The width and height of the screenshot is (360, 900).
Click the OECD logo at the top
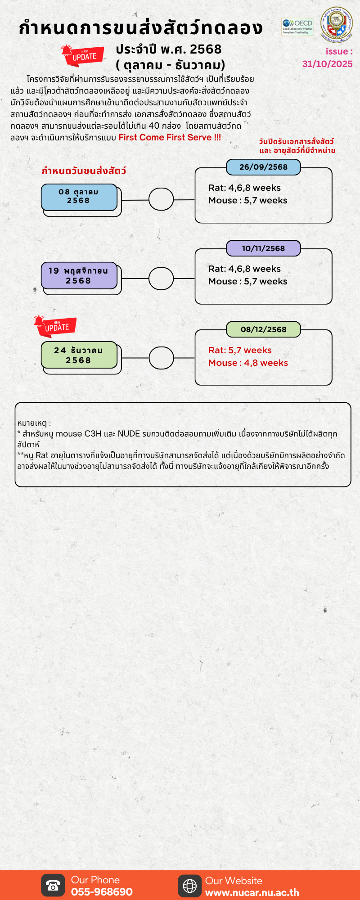pyautogui.click(x=297, y=27)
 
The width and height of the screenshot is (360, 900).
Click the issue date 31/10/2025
pyautogui.click(x=327, y=64)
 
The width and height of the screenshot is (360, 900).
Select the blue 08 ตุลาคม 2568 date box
pyautogui.click(x=79, y=197)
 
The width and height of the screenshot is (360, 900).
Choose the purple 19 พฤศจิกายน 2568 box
pyautogui.click(x=79, y=275)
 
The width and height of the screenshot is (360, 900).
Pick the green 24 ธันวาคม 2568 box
pyautogui.click(x=79, y=355)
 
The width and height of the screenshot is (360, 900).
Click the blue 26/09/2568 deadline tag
pyautogui.click(x=263, y=167)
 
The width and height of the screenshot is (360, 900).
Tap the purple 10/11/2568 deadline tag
pyautogui.click(x=263, y=248)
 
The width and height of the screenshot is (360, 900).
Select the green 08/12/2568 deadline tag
pyautogui.click(x=263, y=329)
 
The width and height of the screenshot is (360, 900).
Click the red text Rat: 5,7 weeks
pyautogui.click(x=240, y=350)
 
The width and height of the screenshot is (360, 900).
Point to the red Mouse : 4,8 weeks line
pyautogui.click(x=248, y=363)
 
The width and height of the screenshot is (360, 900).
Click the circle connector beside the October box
pyautogui.click(x=161, y=199)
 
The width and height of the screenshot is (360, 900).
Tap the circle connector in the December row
pyautogui.click(x=161, y=358)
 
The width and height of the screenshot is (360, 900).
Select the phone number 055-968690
pyautogui.click(x=102, y=892)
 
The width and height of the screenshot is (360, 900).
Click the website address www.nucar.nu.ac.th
pyautogui.click(x=252, y=892)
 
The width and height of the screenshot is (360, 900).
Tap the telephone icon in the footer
pyautogui.click(x=53, y=886)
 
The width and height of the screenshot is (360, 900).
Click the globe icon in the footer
pyautogui.click(x=190, y=886)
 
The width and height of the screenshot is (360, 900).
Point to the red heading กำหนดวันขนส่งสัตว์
pyautogui.click(x=84, y=171)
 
